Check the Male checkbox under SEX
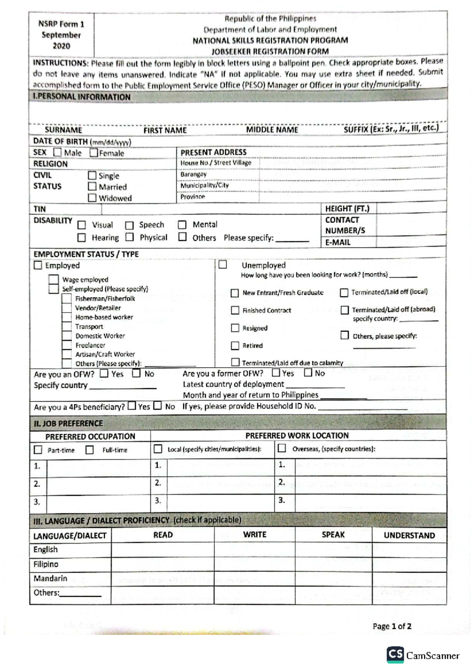[x=58, y=153]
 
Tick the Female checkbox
[x=94, y=153]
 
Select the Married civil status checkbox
[x=92, y=186]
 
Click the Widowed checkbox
[x=92, y=198]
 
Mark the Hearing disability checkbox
[x=82, y=237]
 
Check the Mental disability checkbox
[x=182, y=225]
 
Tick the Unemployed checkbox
[x=223, y=264]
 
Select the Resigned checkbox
[x=235, y=328]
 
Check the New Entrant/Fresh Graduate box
[x=235, y=293]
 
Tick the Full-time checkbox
[x=90, y=450]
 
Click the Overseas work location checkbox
[x=282, y=448]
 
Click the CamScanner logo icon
[x=395, y=654]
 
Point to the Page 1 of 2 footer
[x=392, y=626]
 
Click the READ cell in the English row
[x=162, y=550]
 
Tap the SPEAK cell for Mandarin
[x=333, y=579]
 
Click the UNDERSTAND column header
[x=409, y=535]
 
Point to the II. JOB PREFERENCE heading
[x=68, y=423]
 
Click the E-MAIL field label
[x=338, y=242]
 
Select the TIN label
[x=39, y=209]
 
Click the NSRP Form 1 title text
[x=61, y=24]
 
